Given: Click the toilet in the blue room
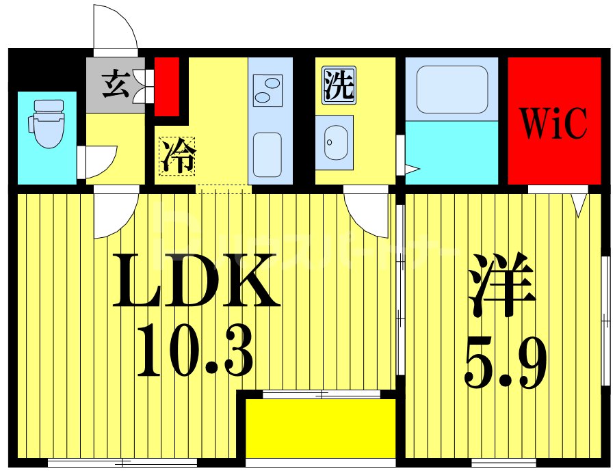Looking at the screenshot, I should tap(45, 123).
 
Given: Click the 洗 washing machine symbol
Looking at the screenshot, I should tap(339, 87).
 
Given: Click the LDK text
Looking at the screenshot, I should tap(196, 280).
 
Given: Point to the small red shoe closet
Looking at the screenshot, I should tap(167, 85).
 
